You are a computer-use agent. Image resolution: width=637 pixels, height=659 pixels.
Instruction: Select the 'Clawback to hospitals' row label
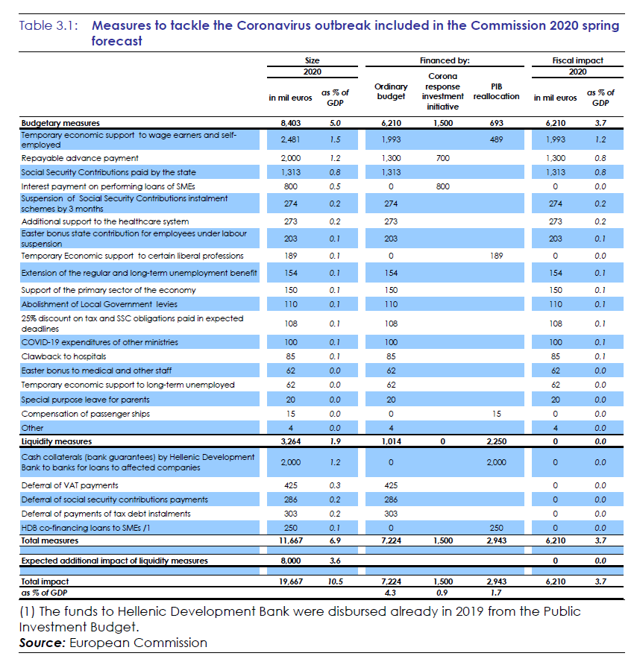[63, 356]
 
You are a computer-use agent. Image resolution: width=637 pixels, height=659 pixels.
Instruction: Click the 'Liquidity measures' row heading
[57, 442]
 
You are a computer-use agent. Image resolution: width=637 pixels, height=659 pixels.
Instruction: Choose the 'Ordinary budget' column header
[391, 92]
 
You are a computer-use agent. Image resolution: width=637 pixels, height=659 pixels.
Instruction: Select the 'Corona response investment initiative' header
[443, 91]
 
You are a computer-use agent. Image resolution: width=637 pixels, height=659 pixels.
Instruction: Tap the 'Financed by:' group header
[444, 60]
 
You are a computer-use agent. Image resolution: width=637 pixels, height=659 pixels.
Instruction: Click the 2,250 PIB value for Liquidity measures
[496, 442]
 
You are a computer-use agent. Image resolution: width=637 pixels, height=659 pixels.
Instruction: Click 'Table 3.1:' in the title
[50, 25]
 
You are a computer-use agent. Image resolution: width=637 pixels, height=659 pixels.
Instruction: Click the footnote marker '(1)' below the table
[28, 611]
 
